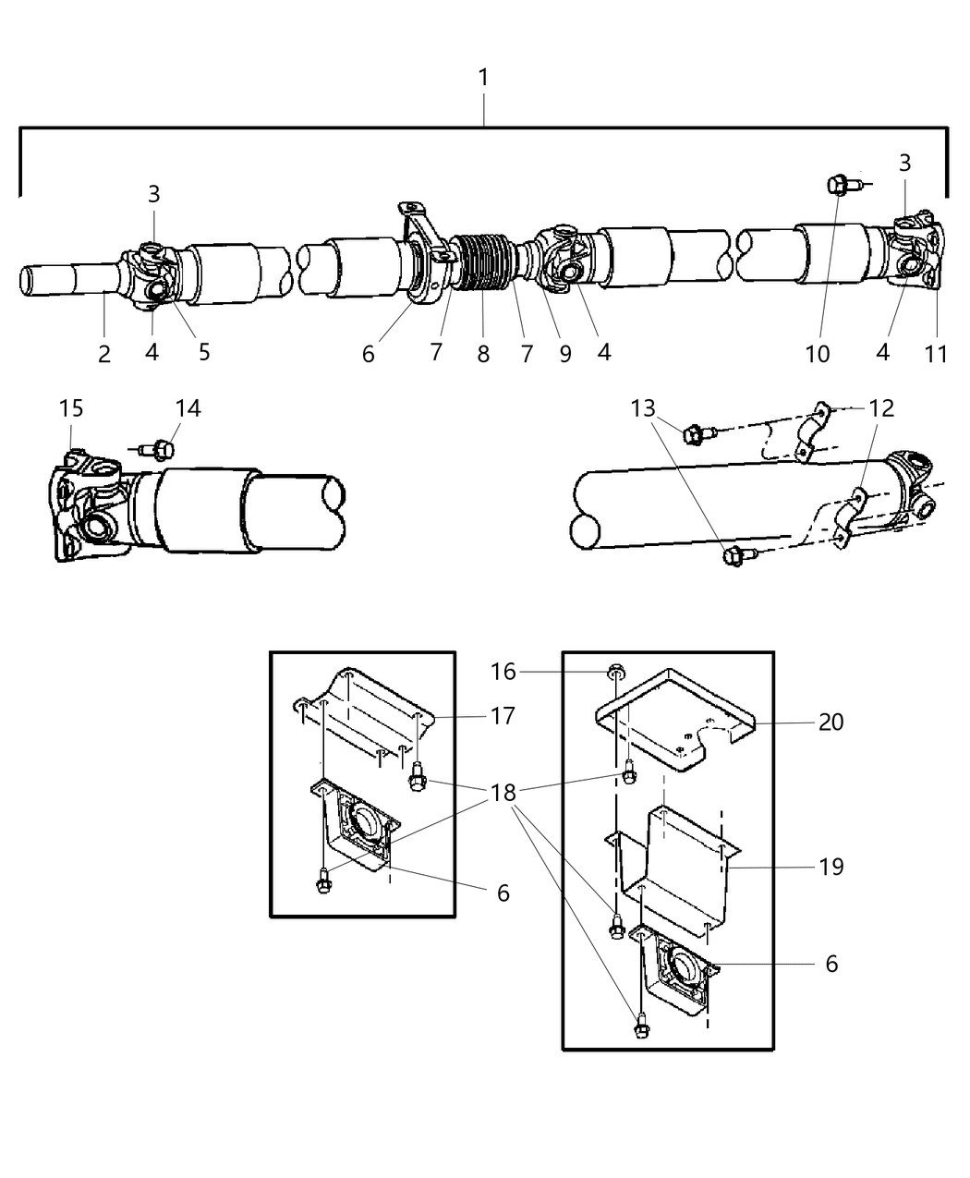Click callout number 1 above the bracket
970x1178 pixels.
(483, 78)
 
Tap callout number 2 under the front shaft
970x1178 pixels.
(104, 353)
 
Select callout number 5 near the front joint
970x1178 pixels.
(203, 352)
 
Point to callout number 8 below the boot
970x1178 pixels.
(483, 353)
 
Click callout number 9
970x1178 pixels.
(564, 353)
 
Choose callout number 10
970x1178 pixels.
(818, 353)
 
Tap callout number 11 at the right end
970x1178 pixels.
(936, 353)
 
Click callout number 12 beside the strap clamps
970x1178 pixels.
(882, 407)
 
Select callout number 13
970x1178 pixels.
(644, 407)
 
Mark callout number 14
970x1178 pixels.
(188, 407)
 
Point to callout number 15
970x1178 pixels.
(71, 407)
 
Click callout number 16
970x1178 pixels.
(503, 672)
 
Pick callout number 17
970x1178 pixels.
(503, 715)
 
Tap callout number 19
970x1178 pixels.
(831, 867)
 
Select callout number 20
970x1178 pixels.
(831, 721)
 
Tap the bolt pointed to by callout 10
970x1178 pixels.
(837, 186)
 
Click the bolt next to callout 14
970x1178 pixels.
(163, 450)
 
